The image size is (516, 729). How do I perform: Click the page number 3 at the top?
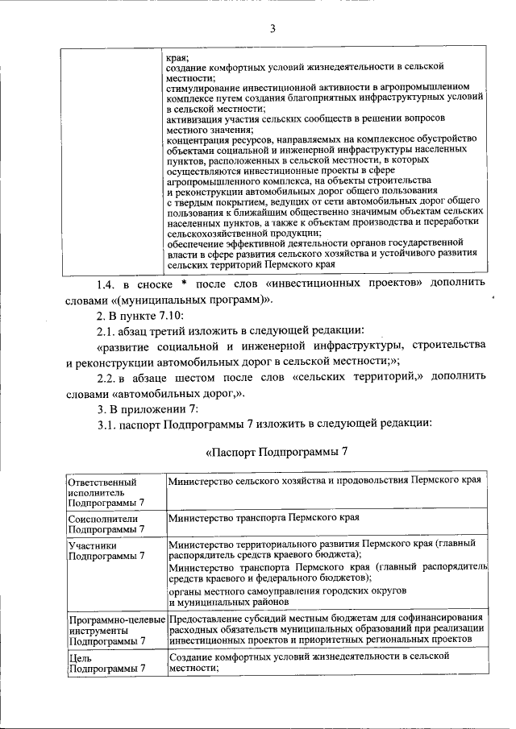pyautogui.click(x=273, y=30)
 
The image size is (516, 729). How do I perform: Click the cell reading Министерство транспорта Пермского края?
pyautogui.click(x=263, y=517)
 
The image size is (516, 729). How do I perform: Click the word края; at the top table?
pyautogui.click(x=177, y=58)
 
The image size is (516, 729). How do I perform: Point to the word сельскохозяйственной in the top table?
pyautogui.click(x=218, y=232)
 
